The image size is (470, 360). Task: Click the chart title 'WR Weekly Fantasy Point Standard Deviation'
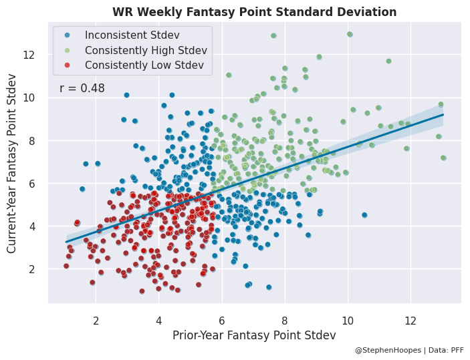[254, 12]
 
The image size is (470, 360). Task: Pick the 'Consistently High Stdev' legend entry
[145, 50]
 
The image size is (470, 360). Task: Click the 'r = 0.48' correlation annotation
[82, 88]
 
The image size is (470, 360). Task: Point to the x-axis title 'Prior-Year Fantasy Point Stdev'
[254, 335]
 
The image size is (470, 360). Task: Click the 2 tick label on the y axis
[39, 269]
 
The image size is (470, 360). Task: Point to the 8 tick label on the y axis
[39, 141]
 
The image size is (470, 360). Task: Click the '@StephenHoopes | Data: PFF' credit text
[408, 350]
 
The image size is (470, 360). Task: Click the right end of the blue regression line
[443, 114]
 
